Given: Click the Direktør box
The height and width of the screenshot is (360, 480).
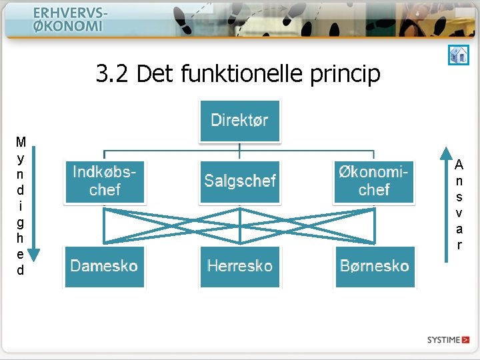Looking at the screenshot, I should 239,121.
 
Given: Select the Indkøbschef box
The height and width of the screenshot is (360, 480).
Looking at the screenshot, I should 105,181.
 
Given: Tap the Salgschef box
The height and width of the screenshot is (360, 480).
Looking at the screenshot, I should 240,181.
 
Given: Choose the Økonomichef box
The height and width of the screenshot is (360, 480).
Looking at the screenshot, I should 374,181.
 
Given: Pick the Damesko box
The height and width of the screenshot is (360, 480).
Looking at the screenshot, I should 105,266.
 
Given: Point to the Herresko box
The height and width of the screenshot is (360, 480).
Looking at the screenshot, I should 240,266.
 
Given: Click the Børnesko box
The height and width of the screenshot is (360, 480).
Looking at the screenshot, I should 375,266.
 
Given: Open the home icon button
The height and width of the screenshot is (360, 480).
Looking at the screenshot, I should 458,55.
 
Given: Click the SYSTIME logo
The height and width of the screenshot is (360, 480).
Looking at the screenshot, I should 448,340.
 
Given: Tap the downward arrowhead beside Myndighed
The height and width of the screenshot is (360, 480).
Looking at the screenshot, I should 33,254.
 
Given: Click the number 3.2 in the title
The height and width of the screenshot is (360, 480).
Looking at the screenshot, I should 113,73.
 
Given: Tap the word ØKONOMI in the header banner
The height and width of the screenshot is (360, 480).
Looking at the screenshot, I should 68,27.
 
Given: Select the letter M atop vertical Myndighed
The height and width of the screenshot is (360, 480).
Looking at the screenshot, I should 21,141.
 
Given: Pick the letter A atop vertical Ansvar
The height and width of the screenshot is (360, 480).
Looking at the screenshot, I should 459,164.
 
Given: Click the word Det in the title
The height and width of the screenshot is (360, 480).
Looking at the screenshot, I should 156,73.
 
